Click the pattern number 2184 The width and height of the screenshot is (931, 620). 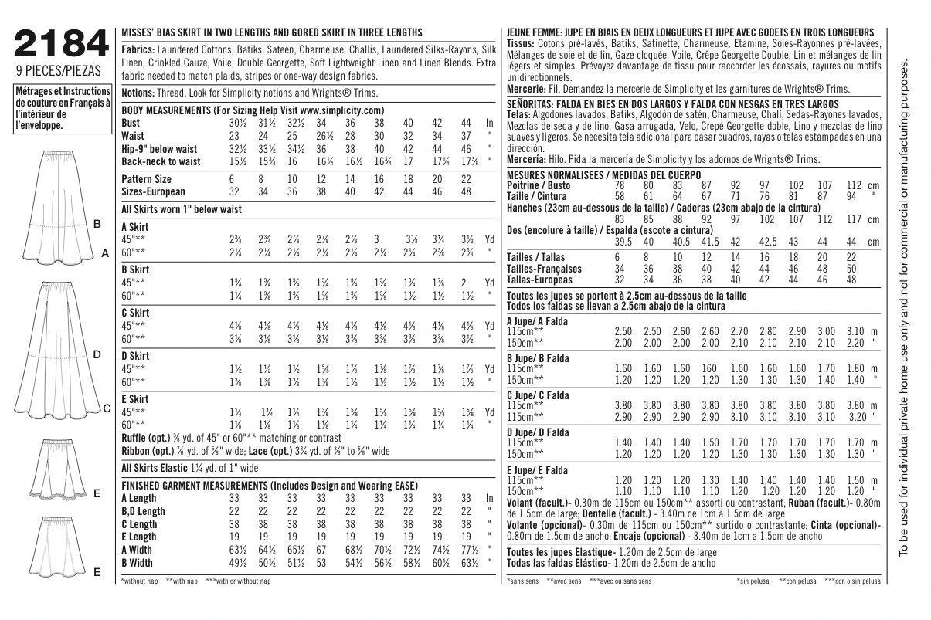pos(60,46)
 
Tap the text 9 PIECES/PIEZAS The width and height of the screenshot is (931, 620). pos(59,75)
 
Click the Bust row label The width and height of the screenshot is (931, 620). pos(131,123)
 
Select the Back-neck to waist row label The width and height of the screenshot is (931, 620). pos(161,161)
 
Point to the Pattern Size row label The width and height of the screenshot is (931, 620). pos(147,178)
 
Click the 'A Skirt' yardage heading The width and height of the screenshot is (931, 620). pos(135,227)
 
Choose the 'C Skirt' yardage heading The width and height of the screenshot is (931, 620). pos(135,313)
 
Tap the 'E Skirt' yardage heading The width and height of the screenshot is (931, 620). pos(135,398)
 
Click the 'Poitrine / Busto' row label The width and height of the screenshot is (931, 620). pos(538,186)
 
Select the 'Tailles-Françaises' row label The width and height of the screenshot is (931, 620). pos(545,269)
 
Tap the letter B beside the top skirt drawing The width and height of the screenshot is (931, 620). pos(97,224)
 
